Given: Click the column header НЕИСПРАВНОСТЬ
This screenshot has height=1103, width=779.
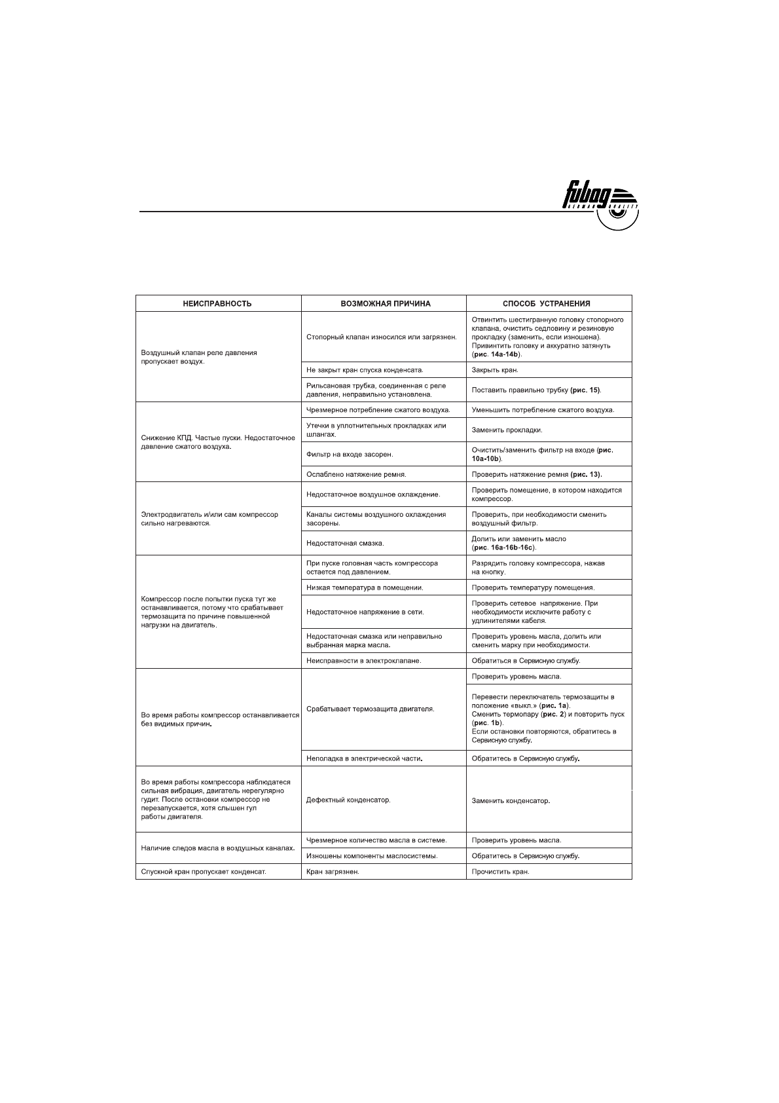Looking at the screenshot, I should click(x=217, y=304).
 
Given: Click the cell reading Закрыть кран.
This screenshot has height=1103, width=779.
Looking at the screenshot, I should click(x=495, y=370).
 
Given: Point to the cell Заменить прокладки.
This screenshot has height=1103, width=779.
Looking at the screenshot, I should click(x=507, y=430).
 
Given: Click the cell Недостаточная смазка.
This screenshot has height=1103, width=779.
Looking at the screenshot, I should click(x=345, y=544).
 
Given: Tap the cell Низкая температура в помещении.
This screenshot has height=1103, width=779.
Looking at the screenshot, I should click(x=365, y=588).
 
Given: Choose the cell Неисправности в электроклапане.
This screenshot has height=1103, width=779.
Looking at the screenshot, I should click(x=364, y=661).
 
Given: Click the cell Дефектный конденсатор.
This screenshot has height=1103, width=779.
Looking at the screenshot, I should click(x=348, y=800).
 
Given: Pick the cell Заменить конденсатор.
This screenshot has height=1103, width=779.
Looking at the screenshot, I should click(x=511, y=801).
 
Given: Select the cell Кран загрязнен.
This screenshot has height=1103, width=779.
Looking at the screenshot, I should click(x=333, y=872).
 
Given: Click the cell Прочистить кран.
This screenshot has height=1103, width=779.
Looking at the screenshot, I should click(x=500, y=872).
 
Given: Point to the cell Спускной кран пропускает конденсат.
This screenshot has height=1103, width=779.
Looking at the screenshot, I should click(x=204, y=872).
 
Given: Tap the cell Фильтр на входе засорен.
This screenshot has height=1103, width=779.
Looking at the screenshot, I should click(x=350, y=454).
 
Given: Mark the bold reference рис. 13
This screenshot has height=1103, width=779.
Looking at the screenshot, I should click(x=585, y=474).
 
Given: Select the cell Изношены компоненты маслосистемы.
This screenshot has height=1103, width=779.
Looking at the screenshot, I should click(x=372, y=856).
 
